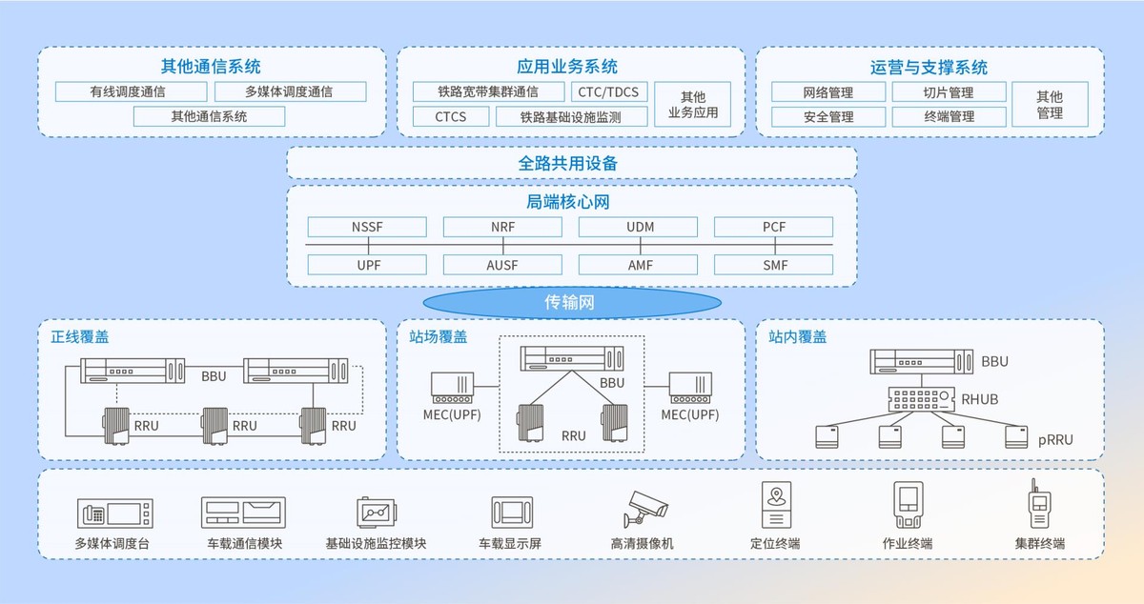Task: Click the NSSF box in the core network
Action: tap(367, 227)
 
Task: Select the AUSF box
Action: tap(502, 265)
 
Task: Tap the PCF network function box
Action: tap(774, 227)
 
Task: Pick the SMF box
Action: tap(774, 265)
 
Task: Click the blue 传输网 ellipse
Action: tap(572, 302)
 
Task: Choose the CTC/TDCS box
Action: tap(609, 91)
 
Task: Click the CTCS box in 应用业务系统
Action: tap(450, 116)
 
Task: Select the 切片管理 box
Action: tap(949, 91)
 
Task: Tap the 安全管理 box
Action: tap(828, 116)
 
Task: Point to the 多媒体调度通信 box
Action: tap(290, 91)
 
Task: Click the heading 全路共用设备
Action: tap(568, 163)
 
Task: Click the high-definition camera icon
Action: tap(645, 509)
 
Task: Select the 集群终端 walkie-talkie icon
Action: tap(1039, 503)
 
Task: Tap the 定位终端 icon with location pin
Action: tap(776, 505)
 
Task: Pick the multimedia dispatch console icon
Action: tap(115, 513)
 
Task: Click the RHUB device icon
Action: tap(921, 399)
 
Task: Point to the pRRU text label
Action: tap(1055, 439)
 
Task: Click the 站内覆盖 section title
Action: tap(797, 336)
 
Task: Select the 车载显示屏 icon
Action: tap(512, 513)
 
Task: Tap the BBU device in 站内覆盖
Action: tap(921, 361)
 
